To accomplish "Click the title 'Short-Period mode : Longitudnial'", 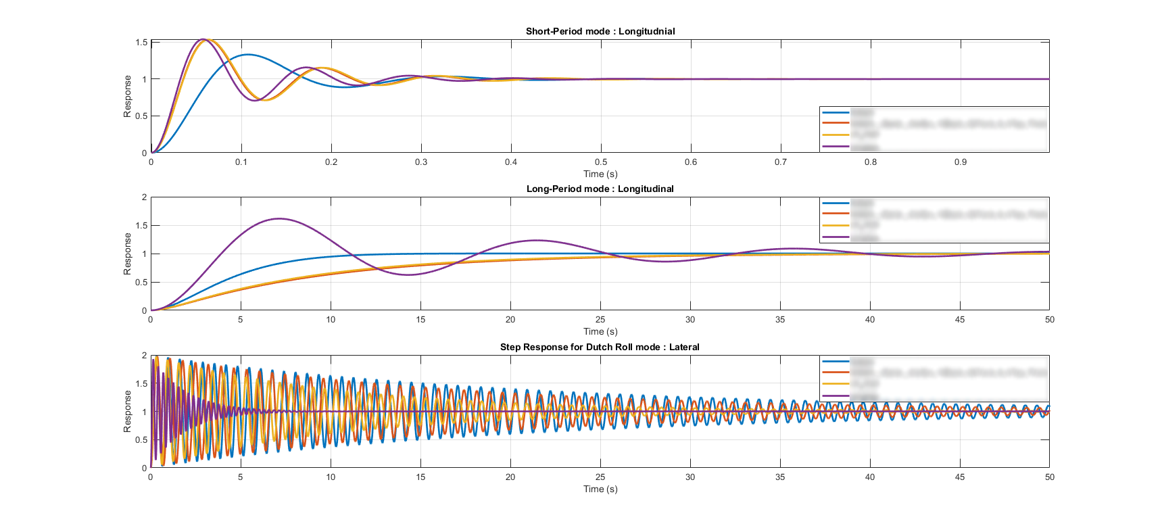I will pos(600,31).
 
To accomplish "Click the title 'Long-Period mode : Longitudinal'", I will pos(600,189).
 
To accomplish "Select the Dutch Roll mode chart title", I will pos(600,347).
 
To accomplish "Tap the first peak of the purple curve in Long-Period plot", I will pos(279,218).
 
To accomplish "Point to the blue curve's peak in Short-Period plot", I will pos(247,54).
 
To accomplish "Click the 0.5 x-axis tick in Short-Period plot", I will pos(601,162).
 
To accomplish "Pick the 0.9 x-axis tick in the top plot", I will pos(961,162).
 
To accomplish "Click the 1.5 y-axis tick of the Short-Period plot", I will pos(141,43).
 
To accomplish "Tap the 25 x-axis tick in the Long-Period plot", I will pos(600,320).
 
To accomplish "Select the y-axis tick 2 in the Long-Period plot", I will pos(144,197).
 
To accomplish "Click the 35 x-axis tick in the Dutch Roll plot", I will pos(780,477).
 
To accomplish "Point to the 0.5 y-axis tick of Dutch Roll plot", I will pos(141,440).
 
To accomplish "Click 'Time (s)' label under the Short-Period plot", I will pos(600,174).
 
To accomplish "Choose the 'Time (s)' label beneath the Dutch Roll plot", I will pos(600,489).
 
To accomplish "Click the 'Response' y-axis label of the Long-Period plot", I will pos(127,254).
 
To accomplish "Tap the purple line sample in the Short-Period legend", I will pos(836,146).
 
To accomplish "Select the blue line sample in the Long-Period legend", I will pos(836,203).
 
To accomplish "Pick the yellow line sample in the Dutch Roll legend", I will pos(836,384).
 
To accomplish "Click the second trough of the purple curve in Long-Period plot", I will pos(667,262).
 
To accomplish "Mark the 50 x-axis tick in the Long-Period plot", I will pos(1049,320).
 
